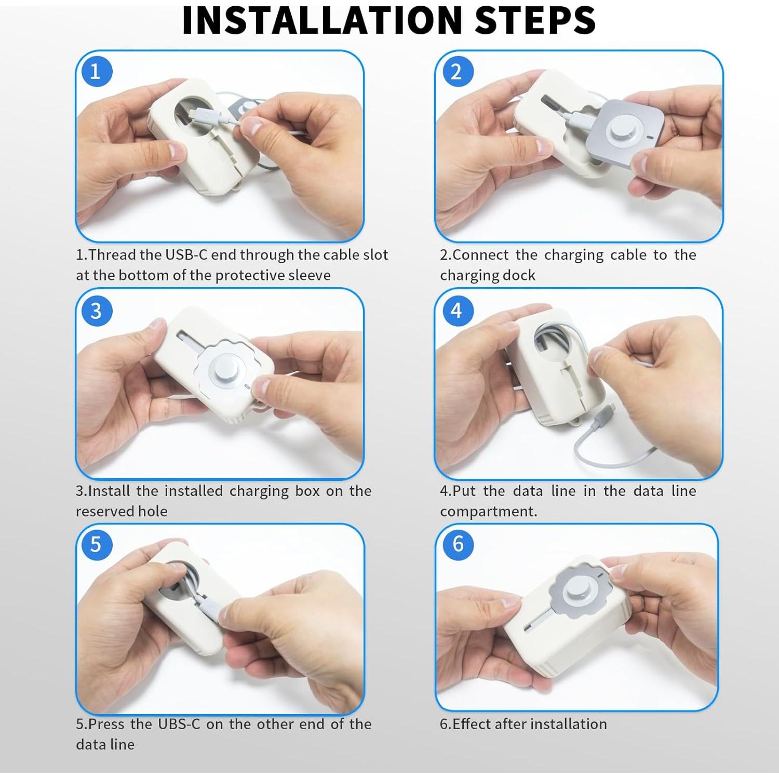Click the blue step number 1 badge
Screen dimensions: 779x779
pos(96,71)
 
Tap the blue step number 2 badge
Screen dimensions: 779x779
pos(457,71)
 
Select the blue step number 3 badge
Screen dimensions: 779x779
pos(96,311)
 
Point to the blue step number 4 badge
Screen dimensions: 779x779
pos(457,310)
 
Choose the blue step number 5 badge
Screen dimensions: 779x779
pos(96,544)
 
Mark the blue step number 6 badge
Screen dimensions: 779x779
pos(458,544)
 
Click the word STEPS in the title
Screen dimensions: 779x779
pos(535,20)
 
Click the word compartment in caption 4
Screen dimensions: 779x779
pos(488,512)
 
